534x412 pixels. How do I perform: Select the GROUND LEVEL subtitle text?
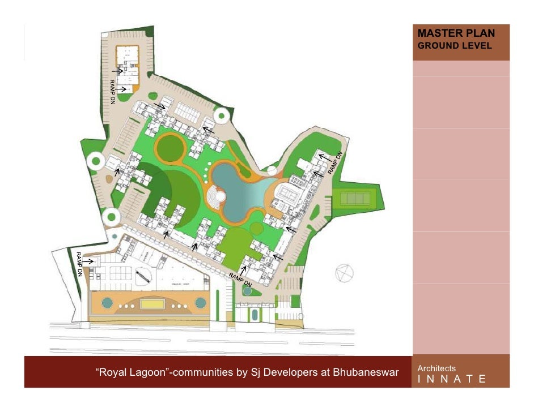coord(454,46)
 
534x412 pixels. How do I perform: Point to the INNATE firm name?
coord(451,379)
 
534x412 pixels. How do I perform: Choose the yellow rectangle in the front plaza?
coord(151,304)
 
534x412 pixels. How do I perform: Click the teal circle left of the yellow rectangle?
coord(107,303)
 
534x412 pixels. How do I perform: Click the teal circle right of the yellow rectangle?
coord(200,303)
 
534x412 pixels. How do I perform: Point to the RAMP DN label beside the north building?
coord(112,91)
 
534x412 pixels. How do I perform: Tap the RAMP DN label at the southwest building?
coord(80,263)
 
